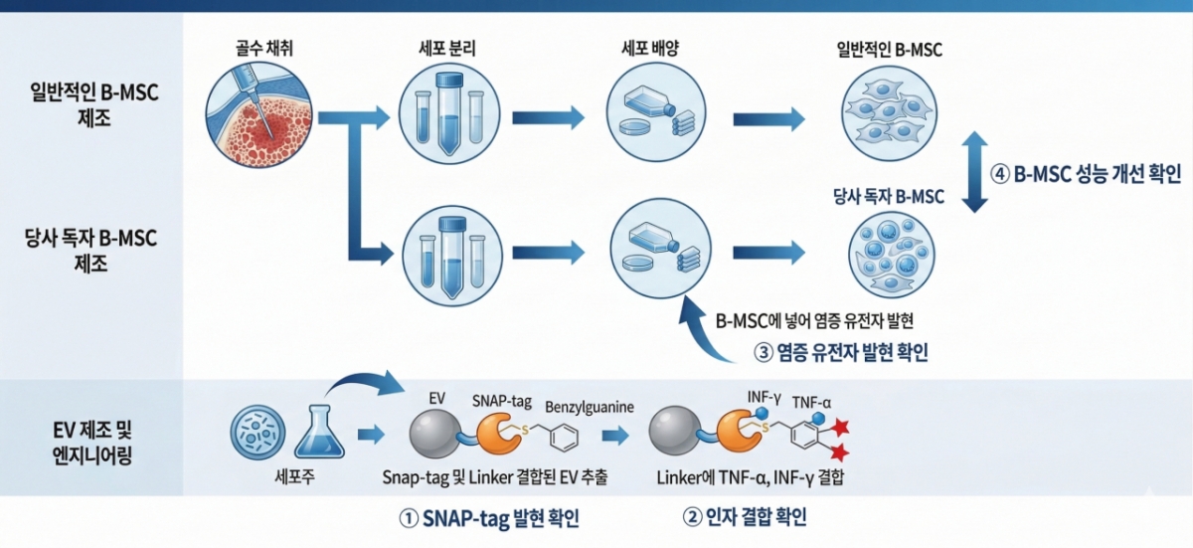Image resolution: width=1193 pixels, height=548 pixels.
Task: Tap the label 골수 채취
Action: pyautogui.click(x=258, y=48)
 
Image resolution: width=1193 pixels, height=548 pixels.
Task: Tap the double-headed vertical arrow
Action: pyautogui.click(x=975, y=173)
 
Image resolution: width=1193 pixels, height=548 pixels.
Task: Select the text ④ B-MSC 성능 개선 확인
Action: pyautogui.click(x=1087, y=174)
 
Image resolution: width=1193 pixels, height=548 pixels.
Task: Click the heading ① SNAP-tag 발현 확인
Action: pyautogui.click(x=488, y=518)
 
